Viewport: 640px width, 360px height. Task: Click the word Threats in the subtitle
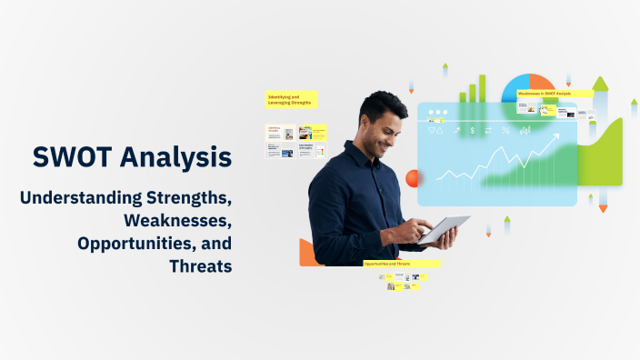pos(200,266)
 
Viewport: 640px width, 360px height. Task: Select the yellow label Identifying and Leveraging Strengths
pos(291,99)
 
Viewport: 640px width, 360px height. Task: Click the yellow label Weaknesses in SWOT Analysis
pos(554,94)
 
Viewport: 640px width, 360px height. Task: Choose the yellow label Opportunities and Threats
pos(399,264)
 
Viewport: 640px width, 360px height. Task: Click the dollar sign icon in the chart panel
pos(473,131)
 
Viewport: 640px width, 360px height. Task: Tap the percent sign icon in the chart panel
pos(505,131)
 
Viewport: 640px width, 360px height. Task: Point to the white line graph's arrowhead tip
pos(556,135)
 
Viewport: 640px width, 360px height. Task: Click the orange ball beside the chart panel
pos(412,178)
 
